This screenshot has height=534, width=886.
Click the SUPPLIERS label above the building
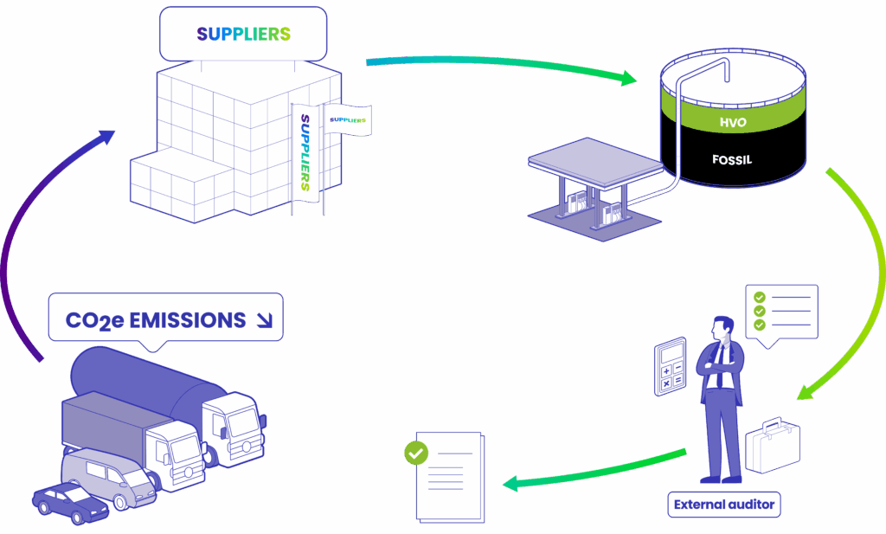[243, 34]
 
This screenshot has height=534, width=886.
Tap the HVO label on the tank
[733, 122]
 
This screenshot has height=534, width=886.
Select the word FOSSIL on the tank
[732, 160]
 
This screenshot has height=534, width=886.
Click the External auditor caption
[724, 505]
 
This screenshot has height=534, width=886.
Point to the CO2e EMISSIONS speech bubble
[165, 320]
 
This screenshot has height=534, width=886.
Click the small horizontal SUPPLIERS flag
[348, 119]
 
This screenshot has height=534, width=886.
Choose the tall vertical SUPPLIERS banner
[305, 152]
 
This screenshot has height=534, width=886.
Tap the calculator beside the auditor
[671, 367]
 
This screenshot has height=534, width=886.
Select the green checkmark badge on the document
[416, 453]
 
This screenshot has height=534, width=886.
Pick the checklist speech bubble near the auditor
[781, 313]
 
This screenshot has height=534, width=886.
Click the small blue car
[70, 502]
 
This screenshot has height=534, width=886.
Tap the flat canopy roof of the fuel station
[595, 162]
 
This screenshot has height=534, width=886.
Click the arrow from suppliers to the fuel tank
[502, 64]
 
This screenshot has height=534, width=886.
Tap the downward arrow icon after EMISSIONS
[264, 320]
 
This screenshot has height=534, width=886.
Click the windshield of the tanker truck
[243, 421]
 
